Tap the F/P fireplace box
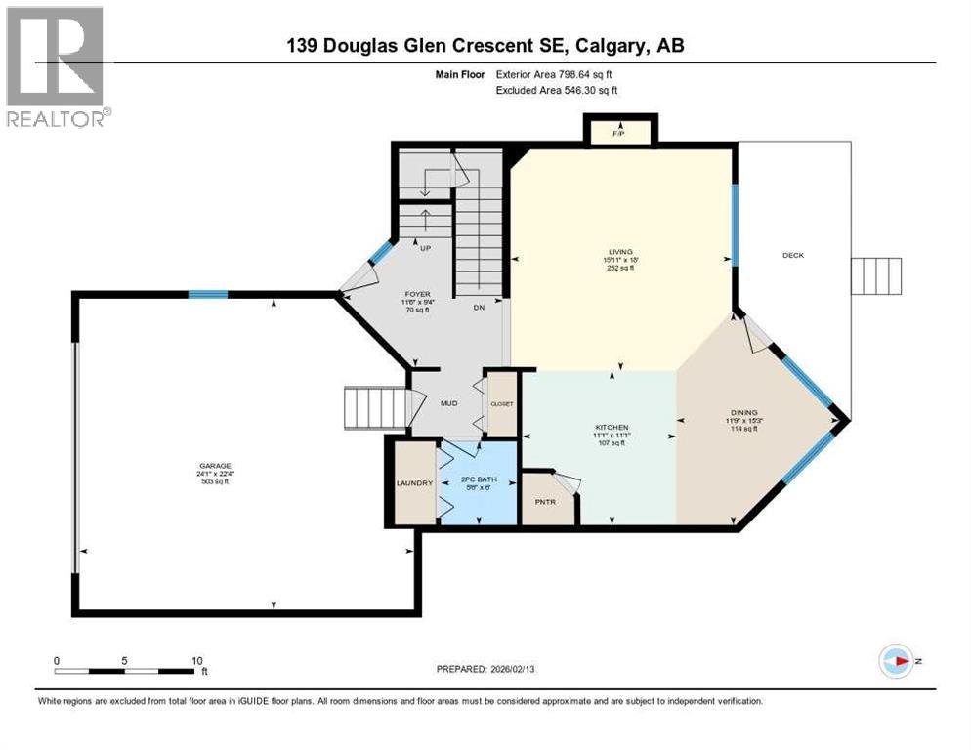click(x=618, y=132)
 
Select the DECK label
click(x=793, y=255)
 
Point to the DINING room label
click(x=742, y=413)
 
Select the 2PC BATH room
click(x=478, y=482)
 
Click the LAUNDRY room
click(x=413, y=482)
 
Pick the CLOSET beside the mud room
click(x=502, y=403)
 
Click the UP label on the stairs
click(x=424, y=248)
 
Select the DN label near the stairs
click(x=479, y=308)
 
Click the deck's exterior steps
click(x=875, y=275)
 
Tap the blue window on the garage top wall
click(x=208, y=294)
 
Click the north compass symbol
click(x=896, y=660)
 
